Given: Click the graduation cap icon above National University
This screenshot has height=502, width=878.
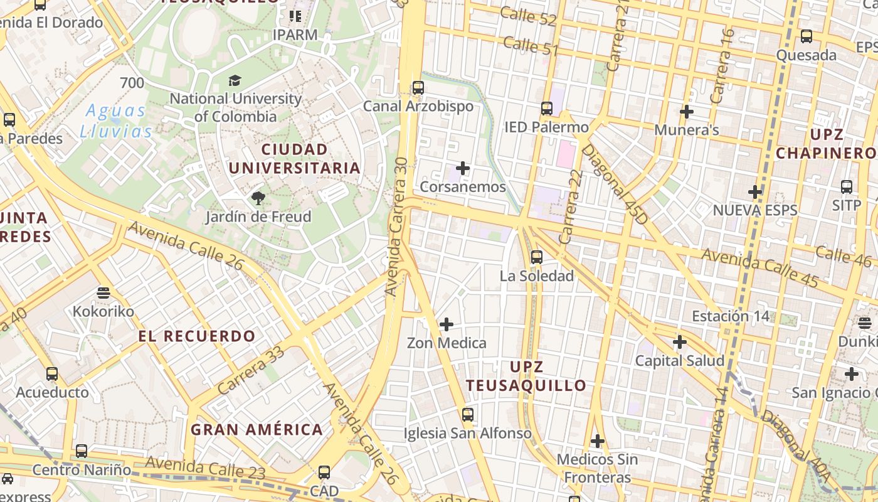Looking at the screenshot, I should [x=235, y=80].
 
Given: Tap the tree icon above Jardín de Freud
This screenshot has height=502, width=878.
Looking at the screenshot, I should [x=258, y=199].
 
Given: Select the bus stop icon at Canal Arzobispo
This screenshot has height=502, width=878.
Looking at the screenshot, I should [x=418, y=88].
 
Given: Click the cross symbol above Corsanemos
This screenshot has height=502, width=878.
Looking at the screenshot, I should [x=463, y=168].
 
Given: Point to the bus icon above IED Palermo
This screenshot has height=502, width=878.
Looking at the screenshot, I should [x=547, y=109].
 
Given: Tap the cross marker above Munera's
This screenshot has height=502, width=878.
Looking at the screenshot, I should [x=687, y=112].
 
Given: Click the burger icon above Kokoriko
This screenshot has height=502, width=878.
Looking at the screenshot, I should [x=103, y=292].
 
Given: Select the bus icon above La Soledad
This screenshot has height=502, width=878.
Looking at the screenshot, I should [x=536, y=257].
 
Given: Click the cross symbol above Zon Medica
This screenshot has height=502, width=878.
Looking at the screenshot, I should [x=447, y=324].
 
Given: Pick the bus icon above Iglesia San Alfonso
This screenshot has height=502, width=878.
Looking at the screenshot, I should [x=467, y=414].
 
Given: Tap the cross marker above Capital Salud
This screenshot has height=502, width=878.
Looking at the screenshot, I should [x=680, y=342].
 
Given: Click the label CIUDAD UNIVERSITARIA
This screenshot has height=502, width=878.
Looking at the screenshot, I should [x=294, y=159].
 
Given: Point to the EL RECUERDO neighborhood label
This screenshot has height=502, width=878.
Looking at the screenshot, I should [x=197, y=336].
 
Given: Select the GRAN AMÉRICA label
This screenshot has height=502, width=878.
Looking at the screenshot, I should [x=257, y=430].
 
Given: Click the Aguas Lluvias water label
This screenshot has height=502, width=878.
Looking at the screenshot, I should [x=116, y=121].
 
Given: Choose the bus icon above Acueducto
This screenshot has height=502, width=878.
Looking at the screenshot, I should [x=52, y=374].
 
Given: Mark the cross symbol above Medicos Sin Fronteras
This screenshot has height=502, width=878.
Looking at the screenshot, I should [x=598, y=441].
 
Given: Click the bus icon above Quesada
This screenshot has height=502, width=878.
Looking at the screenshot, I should [x=807, y=36].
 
